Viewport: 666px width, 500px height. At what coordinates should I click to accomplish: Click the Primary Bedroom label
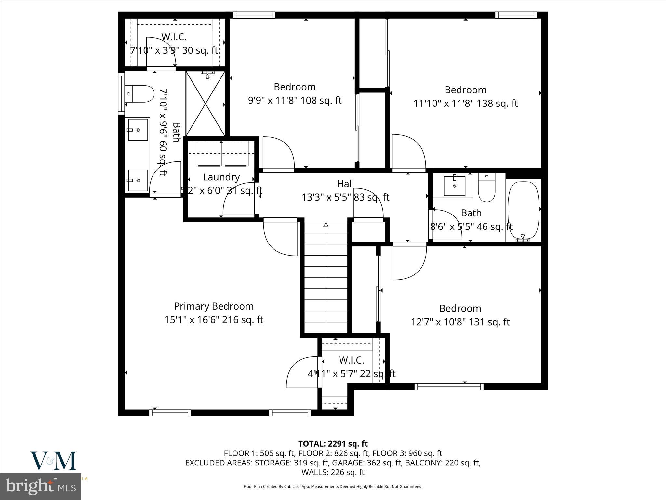pyautogui.click(x=214, y=306)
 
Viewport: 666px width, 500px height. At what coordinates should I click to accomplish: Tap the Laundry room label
pyautogui.click(x=221, y=177)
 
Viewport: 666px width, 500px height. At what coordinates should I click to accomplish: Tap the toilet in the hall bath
pyautogui.click(x=486, y=188)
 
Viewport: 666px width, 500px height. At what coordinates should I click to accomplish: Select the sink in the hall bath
pyautogui.click(x=455, y=186)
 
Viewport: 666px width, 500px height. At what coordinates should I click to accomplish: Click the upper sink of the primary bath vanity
pyautogui.click(x=138, y=130)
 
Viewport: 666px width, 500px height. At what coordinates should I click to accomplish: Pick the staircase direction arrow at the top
pyautogui.click(x=326, y=225)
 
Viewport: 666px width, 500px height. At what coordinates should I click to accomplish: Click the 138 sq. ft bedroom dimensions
pyautogui.click(x=465, y=104)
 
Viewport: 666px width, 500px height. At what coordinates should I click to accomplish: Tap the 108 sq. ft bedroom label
pyautogui.click(x=295, y=87)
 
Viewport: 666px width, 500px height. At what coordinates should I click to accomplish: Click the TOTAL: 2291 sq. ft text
pyautogui.click(x=333, y=444)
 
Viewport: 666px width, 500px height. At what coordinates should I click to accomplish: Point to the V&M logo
pyautogui.click(x=54, y=461)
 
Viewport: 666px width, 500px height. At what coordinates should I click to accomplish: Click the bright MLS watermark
pyautogui.click(x=41, y=487)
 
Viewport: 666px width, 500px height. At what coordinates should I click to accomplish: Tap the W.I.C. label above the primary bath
pyautogui.click(x=174, y=37)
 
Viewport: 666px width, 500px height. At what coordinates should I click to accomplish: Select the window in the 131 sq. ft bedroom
pyautogui.click(x=449, y=386)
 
